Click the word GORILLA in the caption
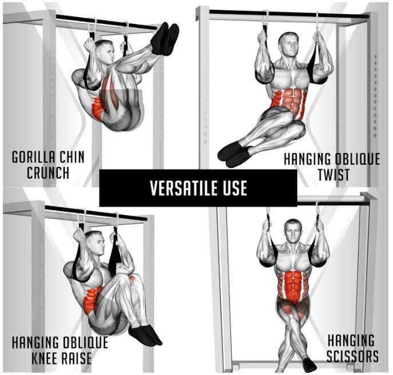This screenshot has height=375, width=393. pos(33,157)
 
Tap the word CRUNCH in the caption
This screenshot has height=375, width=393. pos(48,173)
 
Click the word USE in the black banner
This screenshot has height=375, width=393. pos(235,188)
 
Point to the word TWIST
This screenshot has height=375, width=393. pos(334,175)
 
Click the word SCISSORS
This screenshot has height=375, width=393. pos(352,356)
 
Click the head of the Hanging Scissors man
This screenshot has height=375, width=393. pos(293,231)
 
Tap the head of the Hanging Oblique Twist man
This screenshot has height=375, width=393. pos(288,45)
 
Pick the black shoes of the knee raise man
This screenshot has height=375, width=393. pos(145,335)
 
